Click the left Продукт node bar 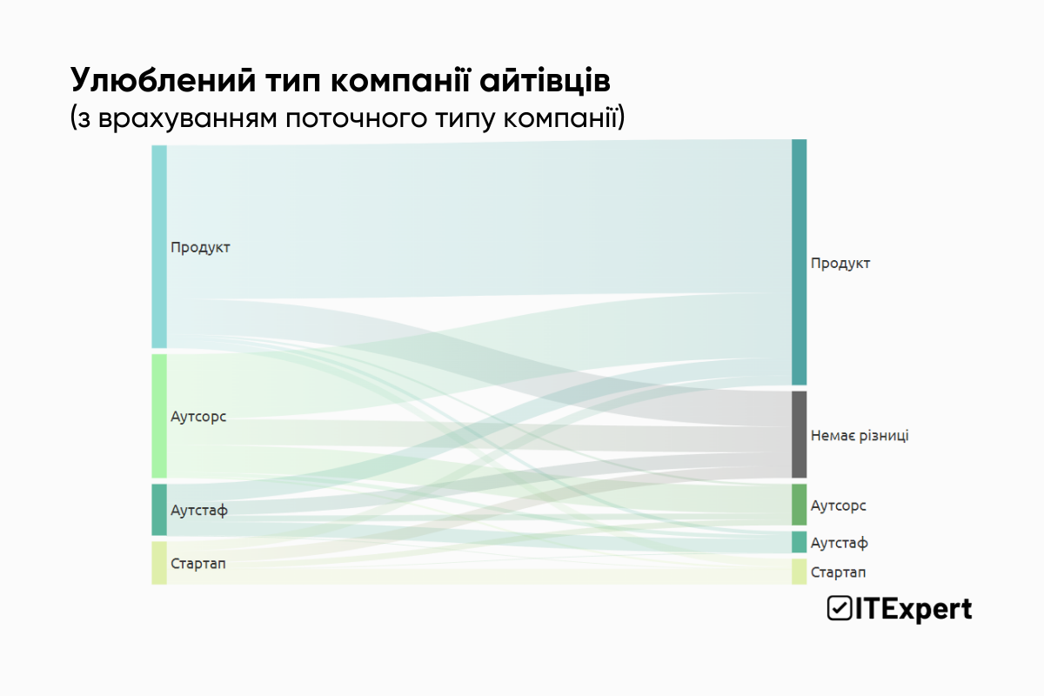coord(158,246)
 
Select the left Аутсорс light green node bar coord(158,416)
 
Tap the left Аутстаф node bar coord(158,510)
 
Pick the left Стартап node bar coord(158,563)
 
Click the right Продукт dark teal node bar coord(799,262)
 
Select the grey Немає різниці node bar coord(799,434)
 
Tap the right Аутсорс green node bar coord(799,505)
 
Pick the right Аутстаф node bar coord(799,542)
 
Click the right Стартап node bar coord(799,572)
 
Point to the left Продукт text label coord(200,247)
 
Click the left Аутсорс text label coord(198,417)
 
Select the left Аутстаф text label coord(199,510)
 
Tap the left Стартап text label coord(198,564)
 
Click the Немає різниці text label coord(859,435)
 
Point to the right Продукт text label coord(840,263)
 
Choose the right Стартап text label coord(838,572)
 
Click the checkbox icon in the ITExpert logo coord(839,609)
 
